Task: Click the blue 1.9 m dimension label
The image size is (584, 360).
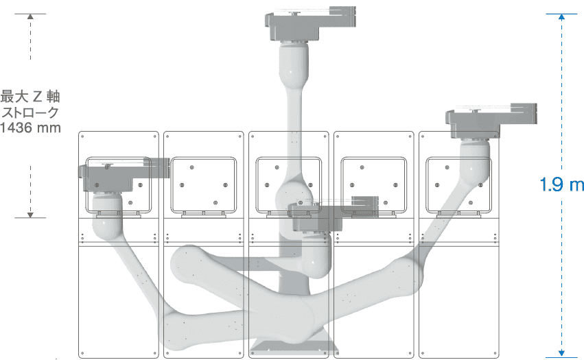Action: [x=561, y=184]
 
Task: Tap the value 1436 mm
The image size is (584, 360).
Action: [x=31, y=128]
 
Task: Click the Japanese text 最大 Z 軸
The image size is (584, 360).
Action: [x=30, y=97]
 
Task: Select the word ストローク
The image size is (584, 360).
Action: [x=31, y=112]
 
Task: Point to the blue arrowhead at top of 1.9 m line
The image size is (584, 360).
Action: [x=561, y=16]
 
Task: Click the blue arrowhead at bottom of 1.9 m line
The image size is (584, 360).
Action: [x=561, y=353]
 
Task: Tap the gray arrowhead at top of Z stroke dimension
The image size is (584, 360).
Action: [x=31, y=16]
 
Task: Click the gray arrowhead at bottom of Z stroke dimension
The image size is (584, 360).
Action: [x=31, y=215]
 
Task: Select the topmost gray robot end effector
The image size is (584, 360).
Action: [x=310, y=23]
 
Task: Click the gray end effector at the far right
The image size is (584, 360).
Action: [x=491, y=121]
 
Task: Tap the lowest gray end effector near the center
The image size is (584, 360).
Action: [x=334, y=214]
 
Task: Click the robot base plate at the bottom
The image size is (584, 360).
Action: [x=294, y=346]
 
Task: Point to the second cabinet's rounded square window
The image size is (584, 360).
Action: [x=203, y=185]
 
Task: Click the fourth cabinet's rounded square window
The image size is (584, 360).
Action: [x=373, y=185]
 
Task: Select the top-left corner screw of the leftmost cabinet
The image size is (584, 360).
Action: [x=82, y=136]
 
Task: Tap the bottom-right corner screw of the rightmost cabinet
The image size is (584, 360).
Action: [x=495, y=353]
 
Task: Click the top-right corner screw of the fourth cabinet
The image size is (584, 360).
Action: [x=410, y=136]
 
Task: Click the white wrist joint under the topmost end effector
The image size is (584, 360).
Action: [x=294, y=63]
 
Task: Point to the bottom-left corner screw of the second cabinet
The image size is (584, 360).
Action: [x=167, y=353]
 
